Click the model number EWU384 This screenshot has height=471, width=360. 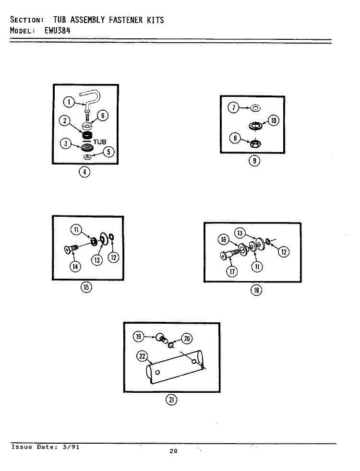(58, 30)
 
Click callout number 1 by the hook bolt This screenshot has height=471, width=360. (69, 102)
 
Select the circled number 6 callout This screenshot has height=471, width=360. (103, 116)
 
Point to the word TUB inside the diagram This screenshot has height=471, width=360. (99, 142)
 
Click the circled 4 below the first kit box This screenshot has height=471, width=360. (84, 172)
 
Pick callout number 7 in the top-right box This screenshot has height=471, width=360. (233, 107)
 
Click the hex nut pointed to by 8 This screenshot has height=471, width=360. (255, 143)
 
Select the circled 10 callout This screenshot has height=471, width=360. (274, 121)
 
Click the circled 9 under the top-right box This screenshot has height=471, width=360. (254, 161)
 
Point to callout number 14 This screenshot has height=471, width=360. (75, 267)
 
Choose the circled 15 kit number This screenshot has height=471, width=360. (86, 287)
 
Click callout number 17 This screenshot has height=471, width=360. (232, 272)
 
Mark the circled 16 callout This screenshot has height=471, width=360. (223, 239)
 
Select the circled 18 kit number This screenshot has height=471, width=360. (256, 290)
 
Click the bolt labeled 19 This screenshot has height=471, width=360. (161, 339)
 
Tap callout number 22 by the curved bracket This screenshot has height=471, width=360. (142, 356)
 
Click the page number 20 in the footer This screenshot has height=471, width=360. (173, 451)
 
